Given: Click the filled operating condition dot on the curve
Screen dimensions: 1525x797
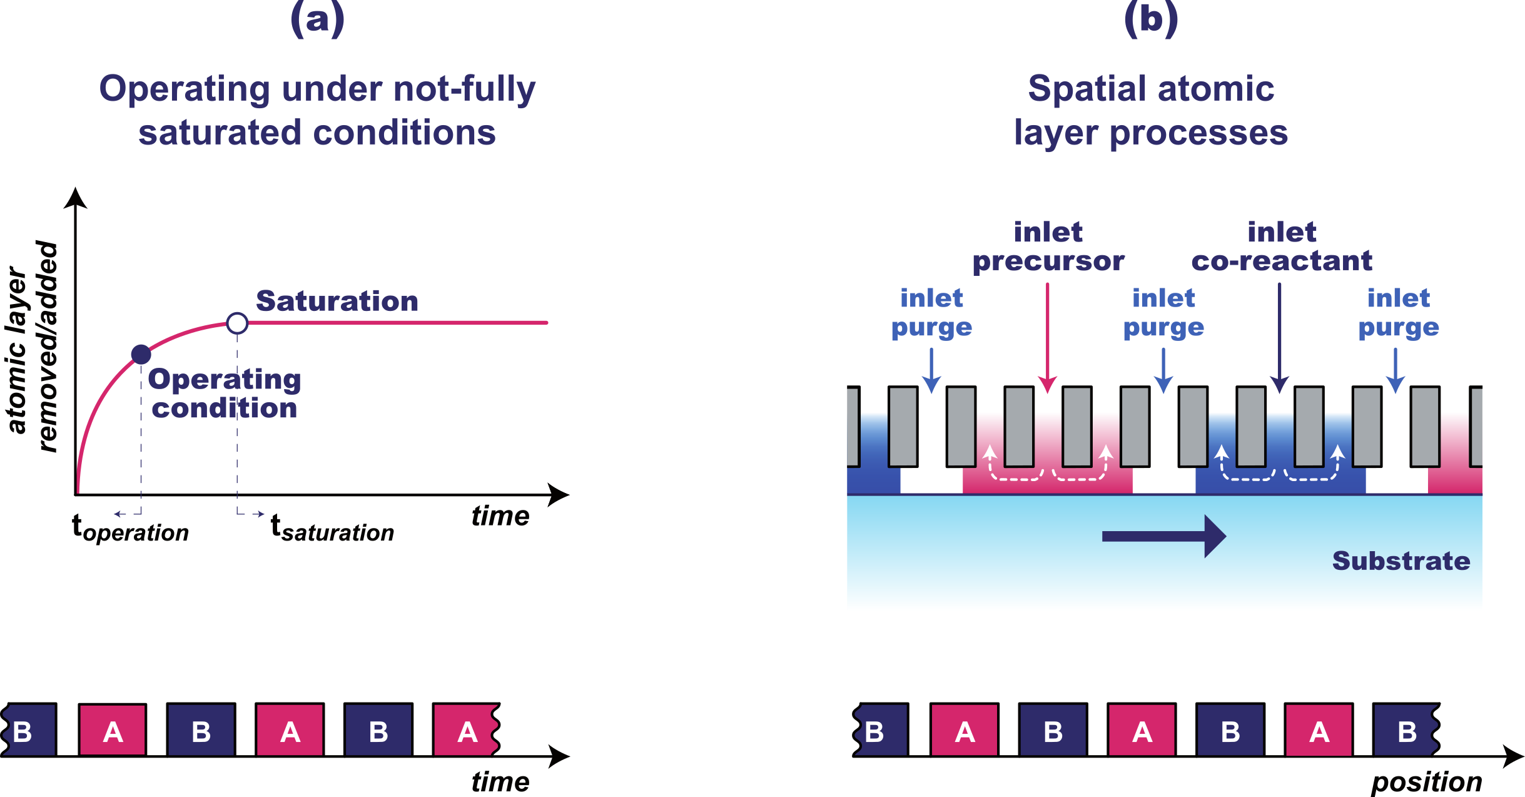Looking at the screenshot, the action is click(141, 355).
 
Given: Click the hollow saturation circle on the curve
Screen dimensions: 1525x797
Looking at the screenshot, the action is click(237, 323).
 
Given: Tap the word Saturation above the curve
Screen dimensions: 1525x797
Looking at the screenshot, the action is click(337, 302).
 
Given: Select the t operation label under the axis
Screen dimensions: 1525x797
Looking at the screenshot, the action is click(130, 529).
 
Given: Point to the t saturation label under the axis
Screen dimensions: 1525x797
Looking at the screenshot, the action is click(332, 529).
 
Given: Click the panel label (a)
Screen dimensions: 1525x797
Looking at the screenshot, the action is click(317, 19).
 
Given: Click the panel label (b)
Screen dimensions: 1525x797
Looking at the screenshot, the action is click(1151, 19).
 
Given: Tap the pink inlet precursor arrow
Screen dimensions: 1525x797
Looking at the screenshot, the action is click(1047, 338).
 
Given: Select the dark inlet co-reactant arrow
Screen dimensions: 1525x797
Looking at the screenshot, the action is click(1279, 338).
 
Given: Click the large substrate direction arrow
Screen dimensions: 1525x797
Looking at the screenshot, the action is click(1164, 536).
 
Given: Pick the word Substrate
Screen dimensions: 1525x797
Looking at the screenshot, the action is click(1401, 561).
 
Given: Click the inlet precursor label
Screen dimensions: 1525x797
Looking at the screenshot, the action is click(1048, 246).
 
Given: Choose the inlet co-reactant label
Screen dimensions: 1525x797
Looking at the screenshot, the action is click(1282, 246).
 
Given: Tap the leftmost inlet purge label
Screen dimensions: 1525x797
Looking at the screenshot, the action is click(931, 313).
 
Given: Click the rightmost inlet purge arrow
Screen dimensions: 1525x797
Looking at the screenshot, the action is click(1396, 370).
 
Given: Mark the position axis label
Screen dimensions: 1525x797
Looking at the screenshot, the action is click(1427, 783).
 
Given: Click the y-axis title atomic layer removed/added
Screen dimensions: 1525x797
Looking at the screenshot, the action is click(31, 347).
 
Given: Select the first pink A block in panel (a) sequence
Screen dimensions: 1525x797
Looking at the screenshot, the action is click(113, 730).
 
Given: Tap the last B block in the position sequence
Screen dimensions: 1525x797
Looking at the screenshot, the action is click(1407, 730).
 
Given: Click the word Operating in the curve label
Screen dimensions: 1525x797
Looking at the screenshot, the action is click(225, 380).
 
